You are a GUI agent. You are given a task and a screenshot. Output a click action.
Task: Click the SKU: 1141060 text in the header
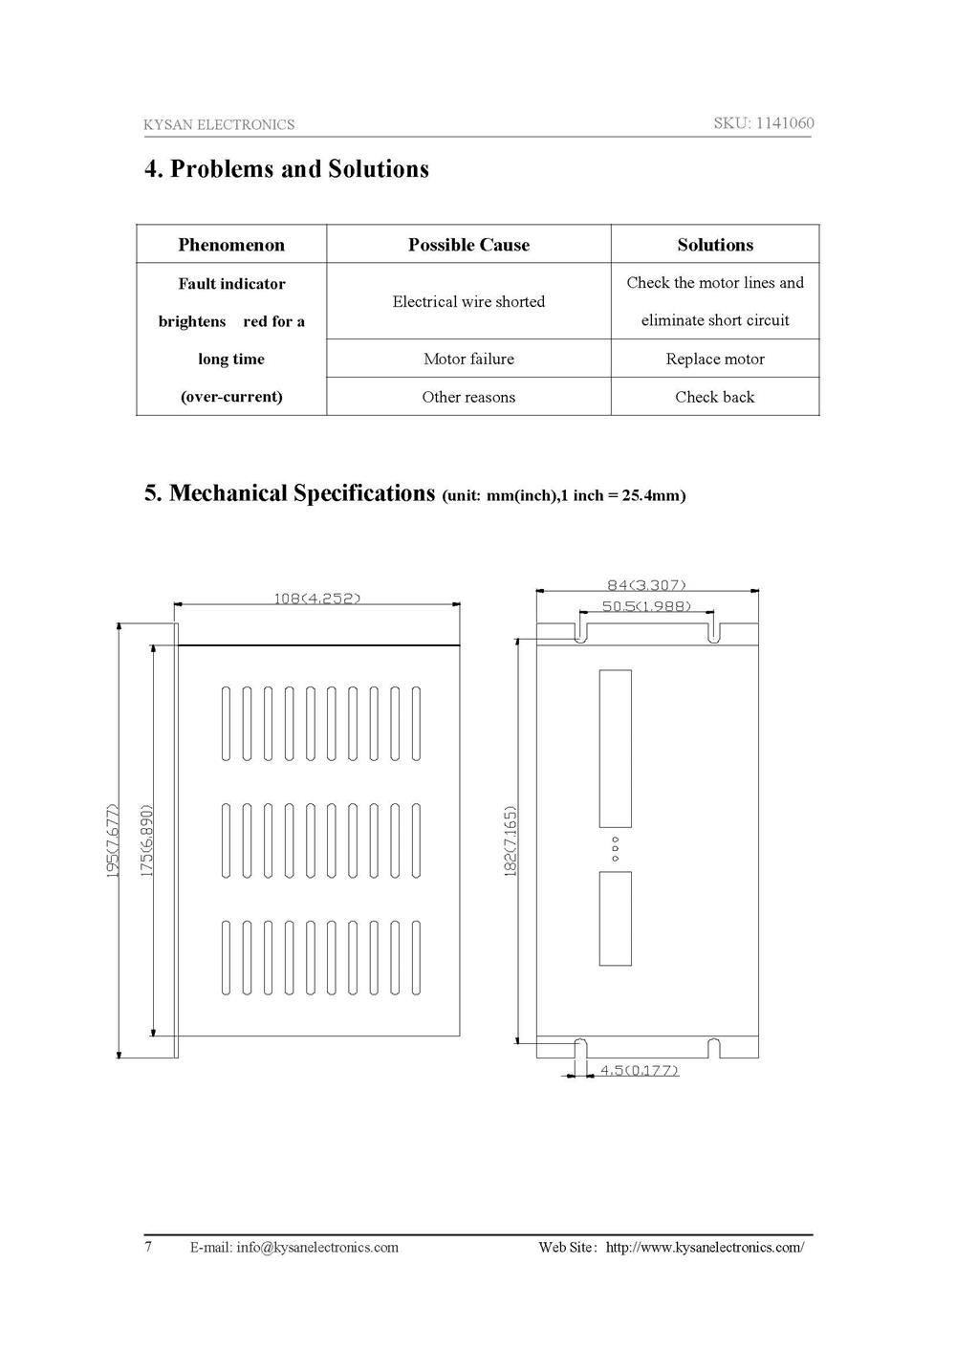click(x=763, y=122)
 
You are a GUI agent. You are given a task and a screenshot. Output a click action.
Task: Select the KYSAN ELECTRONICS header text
click(x=219, y=124)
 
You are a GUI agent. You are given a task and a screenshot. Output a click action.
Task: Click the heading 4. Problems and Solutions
click(x=287, y=169)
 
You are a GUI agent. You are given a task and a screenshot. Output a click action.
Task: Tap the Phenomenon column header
click(x=231, y=245)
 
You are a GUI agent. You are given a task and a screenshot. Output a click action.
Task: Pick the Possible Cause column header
click(x=468, y=245)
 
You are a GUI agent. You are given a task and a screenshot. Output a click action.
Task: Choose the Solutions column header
click(x=715, y=245)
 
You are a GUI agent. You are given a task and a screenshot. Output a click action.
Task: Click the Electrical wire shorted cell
click(x=468, y=301)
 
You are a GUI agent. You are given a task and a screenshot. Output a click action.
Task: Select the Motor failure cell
click(x=468, y=359)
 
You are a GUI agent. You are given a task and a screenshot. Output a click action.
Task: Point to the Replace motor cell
click(x=715, y=359)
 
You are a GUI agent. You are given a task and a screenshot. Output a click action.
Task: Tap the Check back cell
click(x=715, y=397)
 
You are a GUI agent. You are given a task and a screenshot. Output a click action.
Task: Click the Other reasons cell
click(x=468, y=397)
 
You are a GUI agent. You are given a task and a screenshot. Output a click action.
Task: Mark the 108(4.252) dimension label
click(x=317, y=599)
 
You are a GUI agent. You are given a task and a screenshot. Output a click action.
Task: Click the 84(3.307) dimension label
click(x=646, y=584)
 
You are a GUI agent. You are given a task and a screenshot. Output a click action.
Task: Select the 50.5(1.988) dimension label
click(x=646, y=606)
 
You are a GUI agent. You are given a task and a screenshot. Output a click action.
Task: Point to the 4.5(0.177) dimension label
click(x=639, y=1071)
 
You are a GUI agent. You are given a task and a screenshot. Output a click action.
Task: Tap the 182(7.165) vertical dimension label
click(x=511, y=841)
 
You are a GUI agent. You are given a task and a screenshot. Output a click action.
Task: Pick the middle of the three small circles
click(x=616, y=849)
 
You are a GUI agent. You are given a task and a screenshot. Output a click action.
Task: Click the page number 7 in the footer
click(x=148, y=1247)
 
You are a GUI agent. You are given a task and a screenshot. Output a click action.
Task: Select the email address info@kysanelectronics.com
click(x=317, y=1247)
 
